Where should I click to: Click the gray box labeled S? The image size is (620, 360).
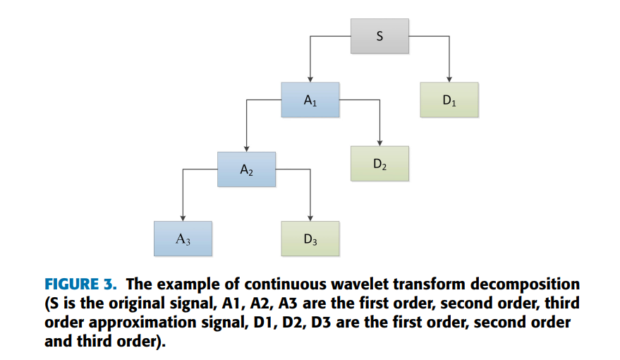coord(379,35)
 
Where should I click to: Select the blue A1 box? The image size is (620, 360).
coord(310,100)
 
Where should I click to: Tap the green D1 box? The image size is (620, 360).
coord(449,100)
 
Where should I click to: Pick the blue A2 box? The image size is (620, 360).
coord(246,169)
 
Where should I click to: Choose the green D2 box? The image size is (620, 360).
coord(379,164)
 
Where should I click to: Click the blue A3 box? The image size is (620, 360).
coord(183,239)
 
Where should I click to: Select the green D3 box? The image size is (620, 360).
coord(310,239)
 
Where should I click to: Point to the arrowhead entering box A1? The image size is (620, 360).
coord(310,79)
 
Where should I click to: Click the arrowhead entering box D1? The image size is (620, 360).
coord(449,79)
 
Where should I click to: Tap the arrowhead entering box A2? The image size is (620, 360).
coord(246,149)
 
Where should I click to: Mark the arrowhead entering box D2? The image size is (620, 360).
coord(379,143)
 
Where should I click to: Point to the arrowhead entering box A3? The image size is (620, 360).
coord(183,218)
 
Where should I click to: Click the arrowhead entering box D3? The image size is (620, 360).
coord(310,218)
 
